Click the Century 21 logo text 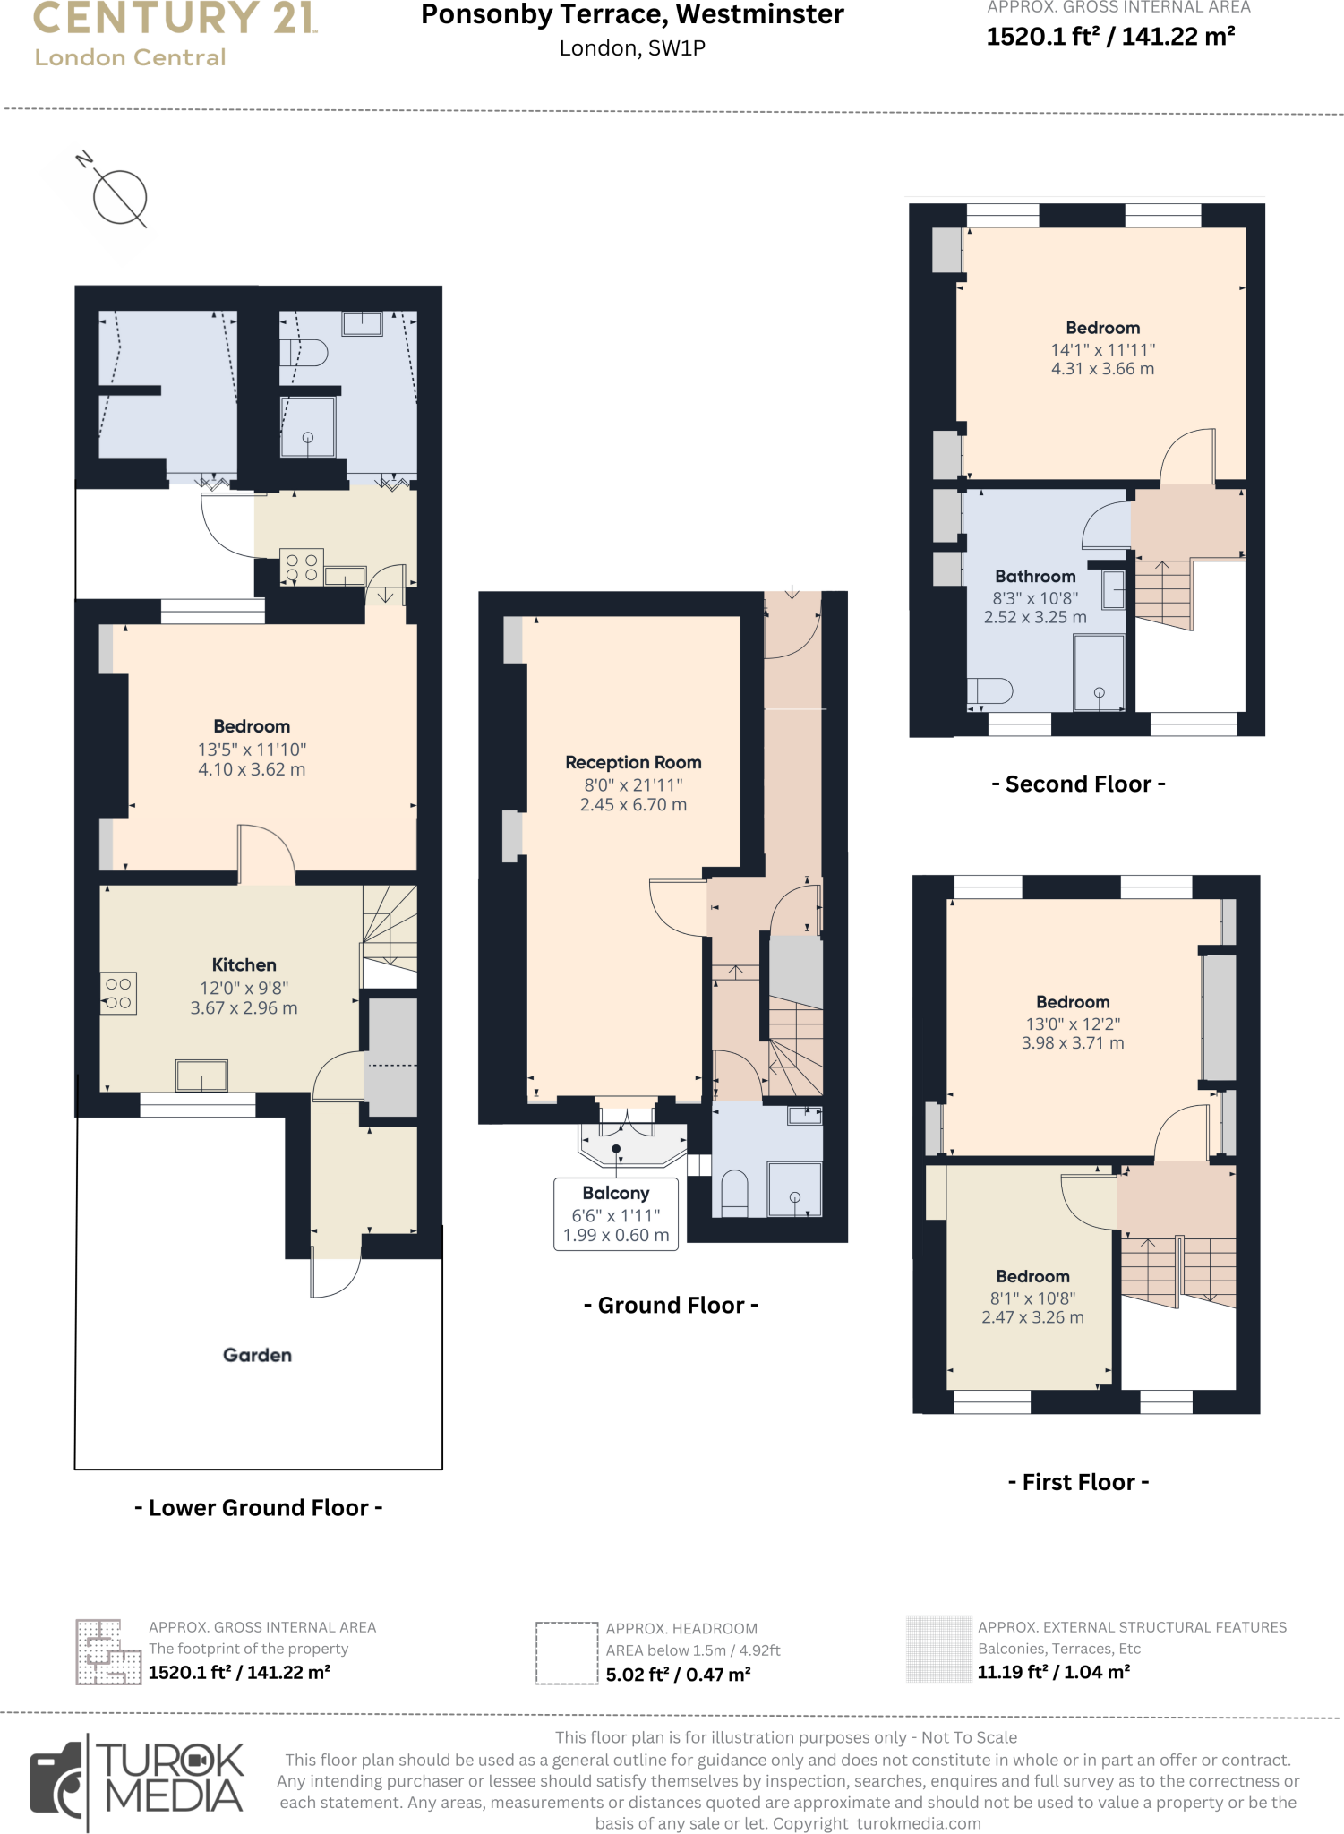175,19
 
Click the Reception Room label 633,762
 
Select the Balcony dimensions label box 616,1214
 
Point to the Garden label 257,1355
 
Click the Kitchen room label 244,964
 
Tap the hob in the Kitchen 119,993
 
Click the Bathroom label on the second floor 1035,577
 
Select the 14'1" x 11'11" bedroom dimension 1102,349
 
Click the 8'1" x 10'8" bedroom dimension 1032,1298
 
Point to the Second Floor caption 1078,784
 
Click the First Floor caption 1078,1482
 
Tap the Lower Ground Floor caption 258,1508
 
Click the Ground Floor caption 671,1305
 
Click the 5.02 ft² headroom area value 678,1674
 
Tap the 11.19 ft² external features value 1053,1672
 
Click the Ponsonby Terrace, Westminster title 632,15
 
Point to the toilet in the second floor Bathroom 989,690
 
